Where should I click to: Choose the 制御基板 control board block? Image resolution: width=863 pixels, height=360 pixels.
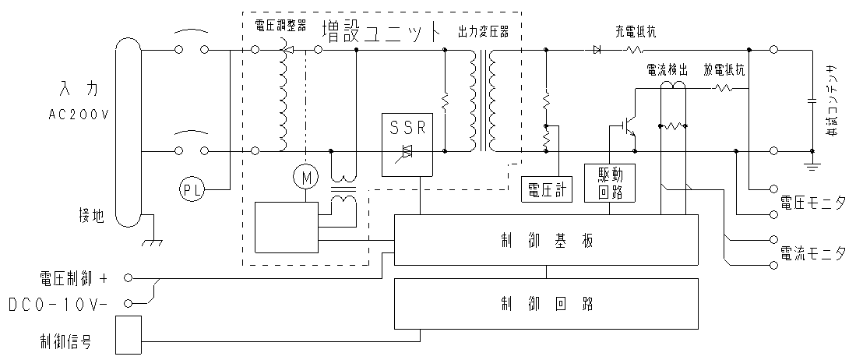tap(546, 240)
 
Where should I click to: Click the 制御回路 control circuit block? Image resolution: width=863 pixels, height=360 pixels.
tap(546, 302)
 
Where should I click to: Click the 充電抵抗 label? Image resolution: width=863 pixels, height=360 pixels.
tap(635, 32)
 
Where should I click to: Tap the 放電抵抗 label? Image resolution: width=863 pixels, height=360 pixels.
tap(724, 69)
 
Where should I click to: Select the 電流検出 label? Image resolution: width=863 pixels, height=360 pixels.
tap(668, 69)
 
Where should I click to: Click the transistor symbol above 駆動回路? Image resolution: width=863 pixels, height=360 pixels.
tap(628, 124)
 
